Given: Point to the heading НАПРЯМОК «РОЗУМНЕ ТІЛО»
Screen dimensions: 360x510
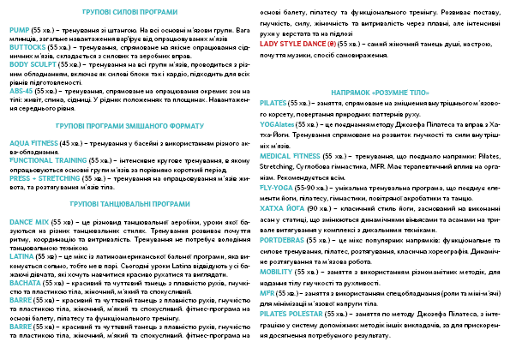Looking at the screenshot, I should click(x=381, y=90).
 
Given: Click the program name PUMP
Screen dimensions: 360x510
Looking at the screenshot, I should click(x=19, y=28).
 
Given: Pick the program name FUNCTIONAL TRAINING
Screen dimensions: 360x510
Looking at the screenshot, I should click(x=50, y=159).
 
